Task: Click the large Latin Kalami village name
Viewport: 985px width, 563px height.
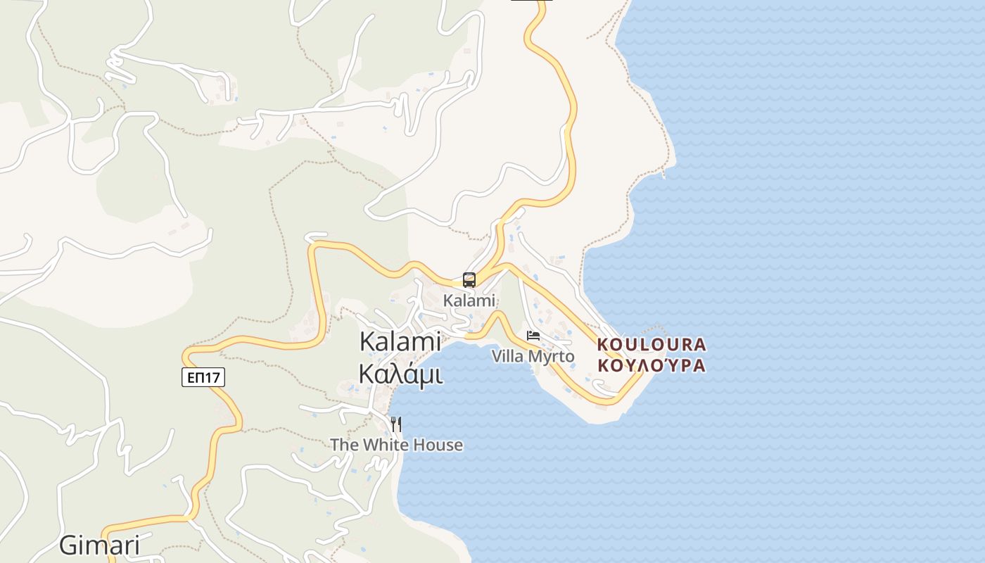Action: (400, 341)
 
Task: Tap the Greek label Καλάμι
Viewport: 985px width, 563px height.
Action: (400, 374)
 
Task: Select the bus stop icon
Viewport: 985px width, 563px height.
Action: (469, 280)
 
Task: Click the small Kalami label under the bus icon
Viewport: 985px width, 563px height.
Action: (469, 301)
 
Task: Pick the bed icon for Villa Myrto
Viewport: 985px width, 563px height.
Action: (533, 336)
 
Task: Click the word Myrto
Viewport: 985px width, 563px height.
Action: (551, 357)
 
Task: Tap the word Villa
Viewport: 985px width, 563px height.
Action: (508, 356)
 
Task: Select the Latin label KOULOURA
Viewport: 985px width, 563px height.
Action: (651, 345)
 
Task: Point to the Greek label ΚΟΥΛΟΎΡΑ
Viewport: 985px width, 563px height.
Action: (651, 366)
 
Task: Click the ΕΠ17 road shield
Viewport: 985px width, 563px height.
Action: (203, 378)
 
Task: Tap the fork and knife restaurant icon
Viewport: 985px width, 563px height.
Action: (396, 424)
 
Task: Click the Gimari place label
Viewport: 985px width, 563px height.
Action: (99, 545)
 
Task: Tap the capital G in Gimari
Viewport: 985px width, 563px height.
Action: (68, 545)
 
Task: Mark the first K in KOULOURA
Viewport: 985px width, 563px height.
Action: (602, 345)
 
